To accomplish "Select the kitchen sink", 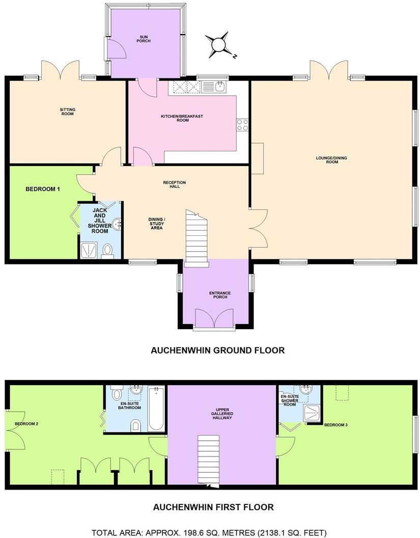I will (220, 87).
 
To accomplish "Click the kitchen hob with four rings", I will (242, 125).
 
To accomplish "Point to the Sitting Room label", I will (67, 111).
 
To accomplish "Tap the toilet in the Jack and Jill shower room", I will (107, 250).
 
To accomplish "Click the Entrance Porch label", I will (220, 295).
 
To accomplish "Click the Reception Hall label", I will (175, 184).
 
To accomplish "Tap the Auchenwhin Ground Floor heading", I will (217, 351).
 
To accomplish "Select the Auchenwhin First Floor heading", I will (213, 507).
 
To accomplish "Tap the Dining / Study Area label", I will (157, 224).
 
